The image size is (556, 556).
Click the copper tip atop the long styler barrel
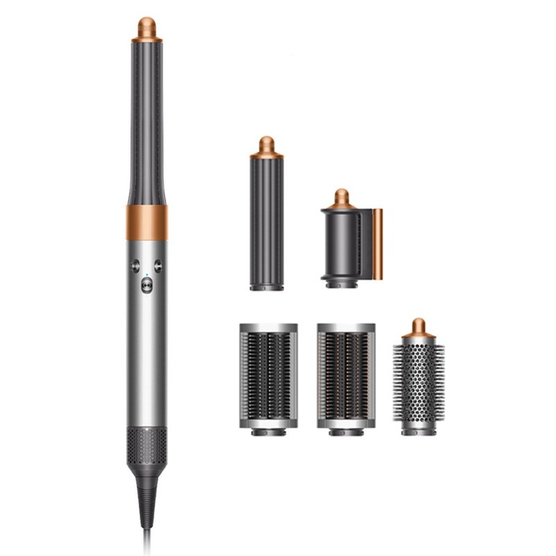tap(146, 29)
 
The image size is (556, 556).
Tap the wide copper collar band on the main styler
tap(147, 222)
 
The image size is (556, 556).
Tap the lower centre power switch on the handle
tap(147, 285)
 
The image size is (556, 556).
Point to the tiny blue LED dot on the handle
tap(147, 272)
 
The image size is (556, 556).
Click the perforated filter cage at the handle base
tap(147, 446)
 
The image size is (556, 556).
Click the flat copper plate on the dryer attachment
tap(378, 243)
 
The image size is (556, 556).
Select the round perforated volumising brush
tap(419, 382)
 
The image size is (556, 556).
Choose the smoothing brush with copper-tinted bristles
tap(346, 375)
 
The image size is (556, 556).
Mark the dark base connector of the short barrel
tap(266, 286)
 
